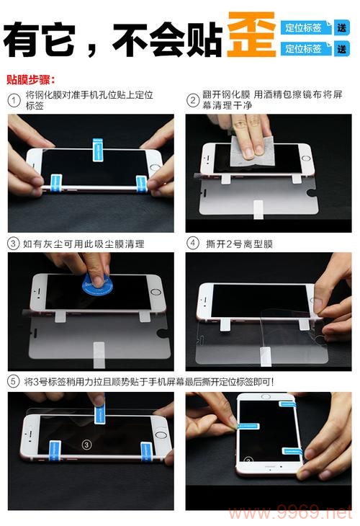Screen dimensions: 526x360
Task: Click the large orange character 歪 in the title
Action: [x=251, y=36]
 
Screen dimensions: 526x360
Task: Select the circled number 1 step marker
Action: [x=14, y=100]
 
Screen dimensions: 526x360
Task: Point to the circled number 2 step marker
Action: [x=192, y=100]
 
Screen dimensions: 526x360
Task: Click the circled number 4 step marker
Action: [x=192, y=244]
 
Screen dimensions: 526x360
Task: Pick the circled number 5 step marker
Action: [x=14, y=381]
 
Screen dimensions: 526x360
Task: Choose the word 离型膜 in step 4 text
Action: [x=259, y=244]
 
